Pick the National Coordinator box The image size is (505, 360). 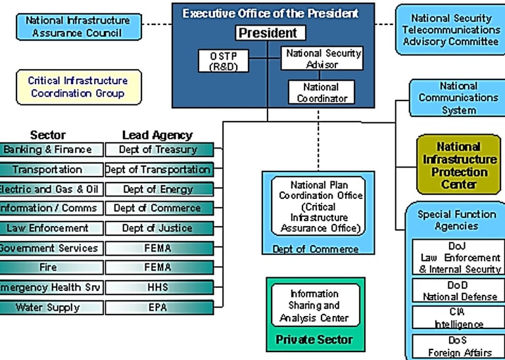click(321, 92)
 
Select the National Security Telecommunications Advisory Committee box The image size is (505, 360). click(450, 30)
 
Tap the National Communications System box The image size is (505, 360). click(458, 98)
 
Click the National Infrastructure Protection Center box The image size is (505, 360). click(459, 165)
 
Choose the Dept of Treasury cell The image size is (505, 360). click(158, 150)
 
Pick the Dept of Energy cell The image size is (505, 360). click(158, 189)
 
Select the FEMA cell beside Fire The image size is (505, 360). click(158, 268)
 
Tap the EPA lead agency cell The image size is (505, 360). click(158, 307)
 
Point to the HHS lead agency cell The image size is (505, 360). click(158, 288)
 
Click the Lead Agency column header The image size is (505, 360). click(158, 135)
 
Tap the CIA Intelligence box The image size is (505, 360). click(458, 317)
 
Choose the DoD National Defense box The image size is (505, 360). click(458, 290)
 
